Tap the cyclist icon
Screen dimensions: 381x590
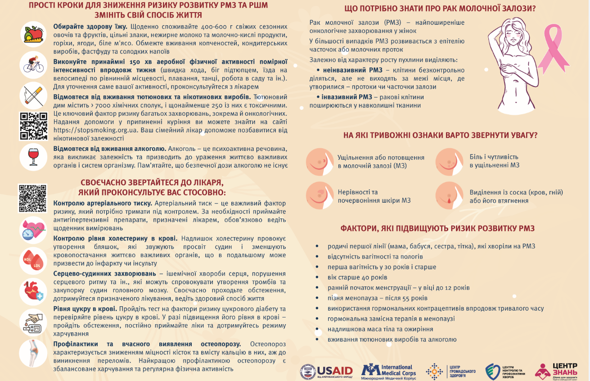34,65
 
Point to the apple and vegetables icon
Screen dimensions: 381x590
34,35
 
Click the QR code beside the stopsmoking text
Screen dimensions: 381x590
34,126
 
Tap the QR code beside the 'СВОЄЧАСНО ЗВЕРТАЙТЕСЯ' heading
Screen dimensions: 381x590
33,198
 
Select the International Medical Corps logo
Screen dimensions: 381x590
389,370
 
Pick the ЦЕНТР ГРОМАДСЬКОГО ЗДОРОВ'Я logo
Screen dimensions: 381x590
450,371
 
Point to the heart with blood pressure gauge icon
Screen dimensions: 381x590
34,229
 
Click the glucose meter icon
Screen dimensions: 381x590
34,322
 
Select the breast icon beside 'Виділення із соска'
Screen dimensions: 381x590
448,195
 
